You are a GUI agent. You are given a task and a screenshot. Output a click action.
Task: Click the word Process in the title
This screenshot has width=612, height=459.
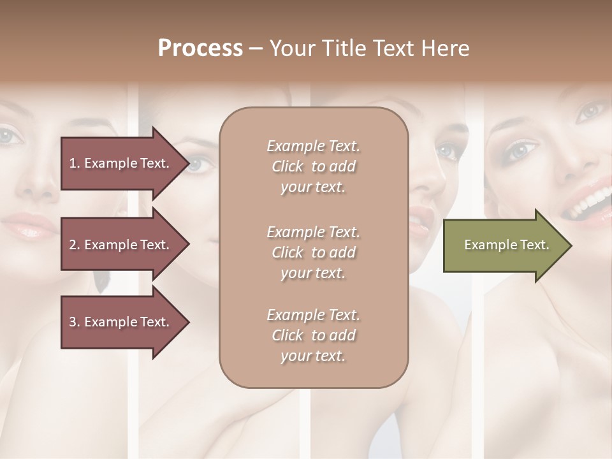pyautogui.click(x=200, y=48)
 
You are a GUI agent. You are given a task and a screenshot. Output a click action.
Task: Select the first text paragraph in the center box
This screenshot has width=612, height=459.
pyautogui.click(x=313, y=166)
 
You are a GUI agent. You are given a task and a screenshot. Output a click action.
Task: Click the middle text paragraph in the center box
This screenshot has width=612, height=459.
pyautogui.click(x=313, y=252)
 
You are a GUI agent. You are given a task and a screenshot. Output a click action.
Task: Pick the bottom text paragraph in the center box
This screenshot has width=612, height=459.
pyautogui.click(x=313, y=335)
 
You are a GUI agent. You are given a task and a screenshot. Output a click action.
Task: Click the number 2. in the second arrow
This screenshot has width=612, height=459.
pyautogui.click(x=75, y=245)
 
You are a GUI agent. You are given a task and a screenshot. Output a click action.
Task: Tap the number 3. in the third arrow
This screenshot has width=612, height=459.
pyautogui.click(x=75, y=322)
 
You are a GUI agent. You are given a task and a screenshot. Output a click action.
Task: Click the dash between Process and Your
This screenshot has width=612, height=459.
pyautogui.click(x=255, y=48)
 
